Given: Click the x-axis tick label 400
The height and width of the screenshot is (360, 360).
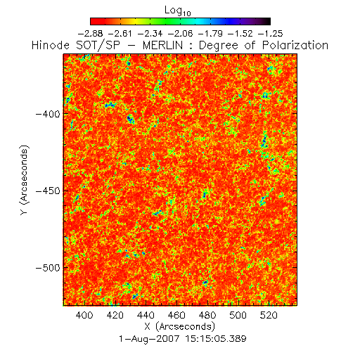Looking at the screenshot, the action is (84, 315).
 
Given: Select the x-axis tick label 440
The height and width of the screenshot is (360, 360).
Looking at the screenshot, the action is (146, 315).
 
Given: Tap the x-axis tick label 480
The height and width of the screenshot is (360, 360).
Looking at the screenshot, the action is (207, 315).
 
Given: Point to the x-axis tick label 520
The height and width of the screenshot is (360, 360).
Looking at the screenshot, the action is (269, 315).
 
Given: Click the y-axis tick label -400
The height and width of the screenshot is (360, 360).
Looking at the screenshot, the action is (48, 114).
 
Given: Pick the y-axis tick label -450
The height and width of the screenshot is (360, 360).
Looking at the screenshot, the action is (48, 191).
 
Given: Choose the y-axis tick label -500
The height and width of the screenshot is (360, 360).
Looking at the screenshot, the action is (48, 268).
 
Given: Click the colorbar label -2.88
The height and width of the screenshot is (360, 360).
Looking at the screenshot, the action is (90, 34).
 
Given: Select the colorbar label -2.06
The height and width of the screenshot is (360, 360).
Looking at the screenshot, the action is (180, 34).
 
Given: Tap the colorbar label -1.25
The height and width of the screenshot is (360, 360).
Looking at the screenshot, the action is (270, 34).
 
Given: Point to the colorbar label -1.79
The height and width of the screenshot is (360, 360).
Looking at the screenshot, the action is (210, 34).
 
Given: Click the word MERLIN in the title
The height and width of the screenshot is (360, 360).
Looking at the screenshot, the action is (162, 46).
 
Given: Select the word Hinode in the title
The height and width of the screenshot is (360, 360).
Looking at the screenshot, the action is (51, 46).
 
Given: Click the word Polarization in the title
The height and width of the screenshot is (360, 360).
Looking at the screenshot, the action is (295, 46).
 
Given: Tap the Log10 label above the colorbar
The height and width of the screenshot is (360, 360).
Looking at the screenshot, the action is (178, 11).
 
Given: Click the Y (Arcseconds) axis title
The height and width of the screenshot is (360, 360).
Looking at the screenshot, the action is (24, 180).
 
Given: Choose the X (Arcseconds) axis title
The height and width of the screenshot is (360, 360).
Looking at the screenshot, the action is (180, 326).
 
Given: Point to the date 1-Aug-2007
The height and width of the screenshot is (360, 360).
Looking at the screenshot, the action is (149, 339).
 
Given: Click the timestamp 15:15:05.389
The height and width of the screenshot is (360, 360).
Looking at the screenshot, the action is (216, 339).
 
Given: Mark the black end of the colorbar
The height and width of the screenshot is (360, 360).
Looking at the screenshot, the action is (267, 21).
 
